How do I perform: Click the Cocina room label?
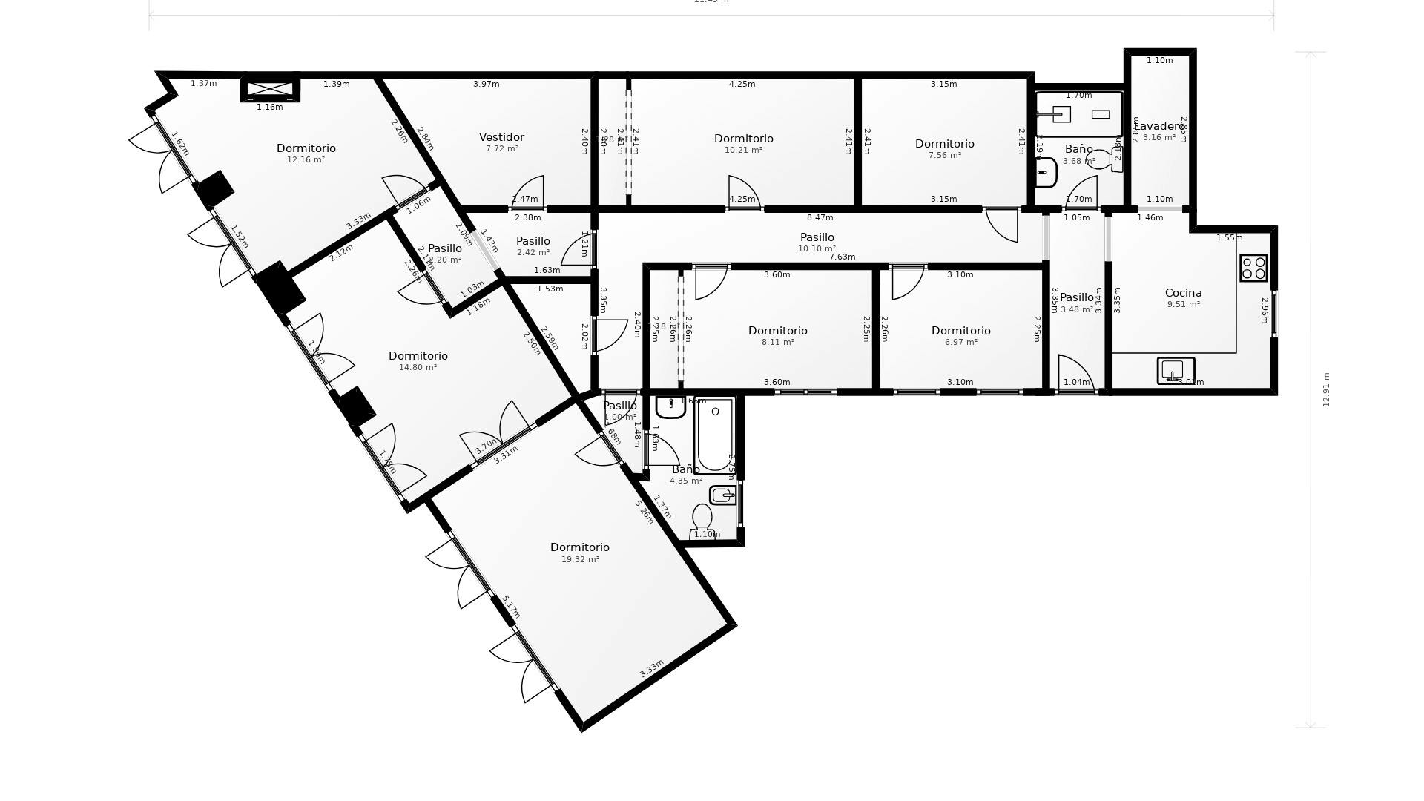tap(1183, 293)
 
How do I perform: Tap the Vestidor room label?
tap(501, 137)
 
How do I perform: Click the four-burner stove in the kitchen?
tap(1253, 268)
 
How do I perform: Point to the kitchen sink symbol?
tap(1175, 370)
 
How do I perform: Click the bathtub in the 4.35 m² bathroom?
tap(714, 435)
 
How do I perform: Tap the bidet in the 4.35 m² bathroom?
tap(722, 495)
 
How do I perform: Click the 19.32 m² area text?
tap(580, 559)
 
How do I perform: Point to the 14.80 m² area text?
tap(418, 367)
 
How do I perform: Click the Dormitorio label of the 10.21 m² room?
tap(743, 139)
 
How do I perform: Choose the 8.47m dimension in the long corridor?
tap(820, 217)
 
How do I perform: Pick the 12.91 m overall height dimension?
tap(1326, 389)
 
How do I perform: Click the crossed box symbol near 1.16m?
tap(270, 90)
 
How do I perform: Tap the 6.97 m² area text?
tap(960, 342)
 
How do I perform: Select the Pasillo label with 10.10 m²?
tap(817, 237)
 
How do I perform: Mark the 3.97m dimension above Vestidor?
tap(486, 84)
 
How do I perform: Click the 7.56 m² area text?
tap(944, 155)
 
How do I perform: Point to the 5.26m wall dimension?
tap(644, 512)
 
